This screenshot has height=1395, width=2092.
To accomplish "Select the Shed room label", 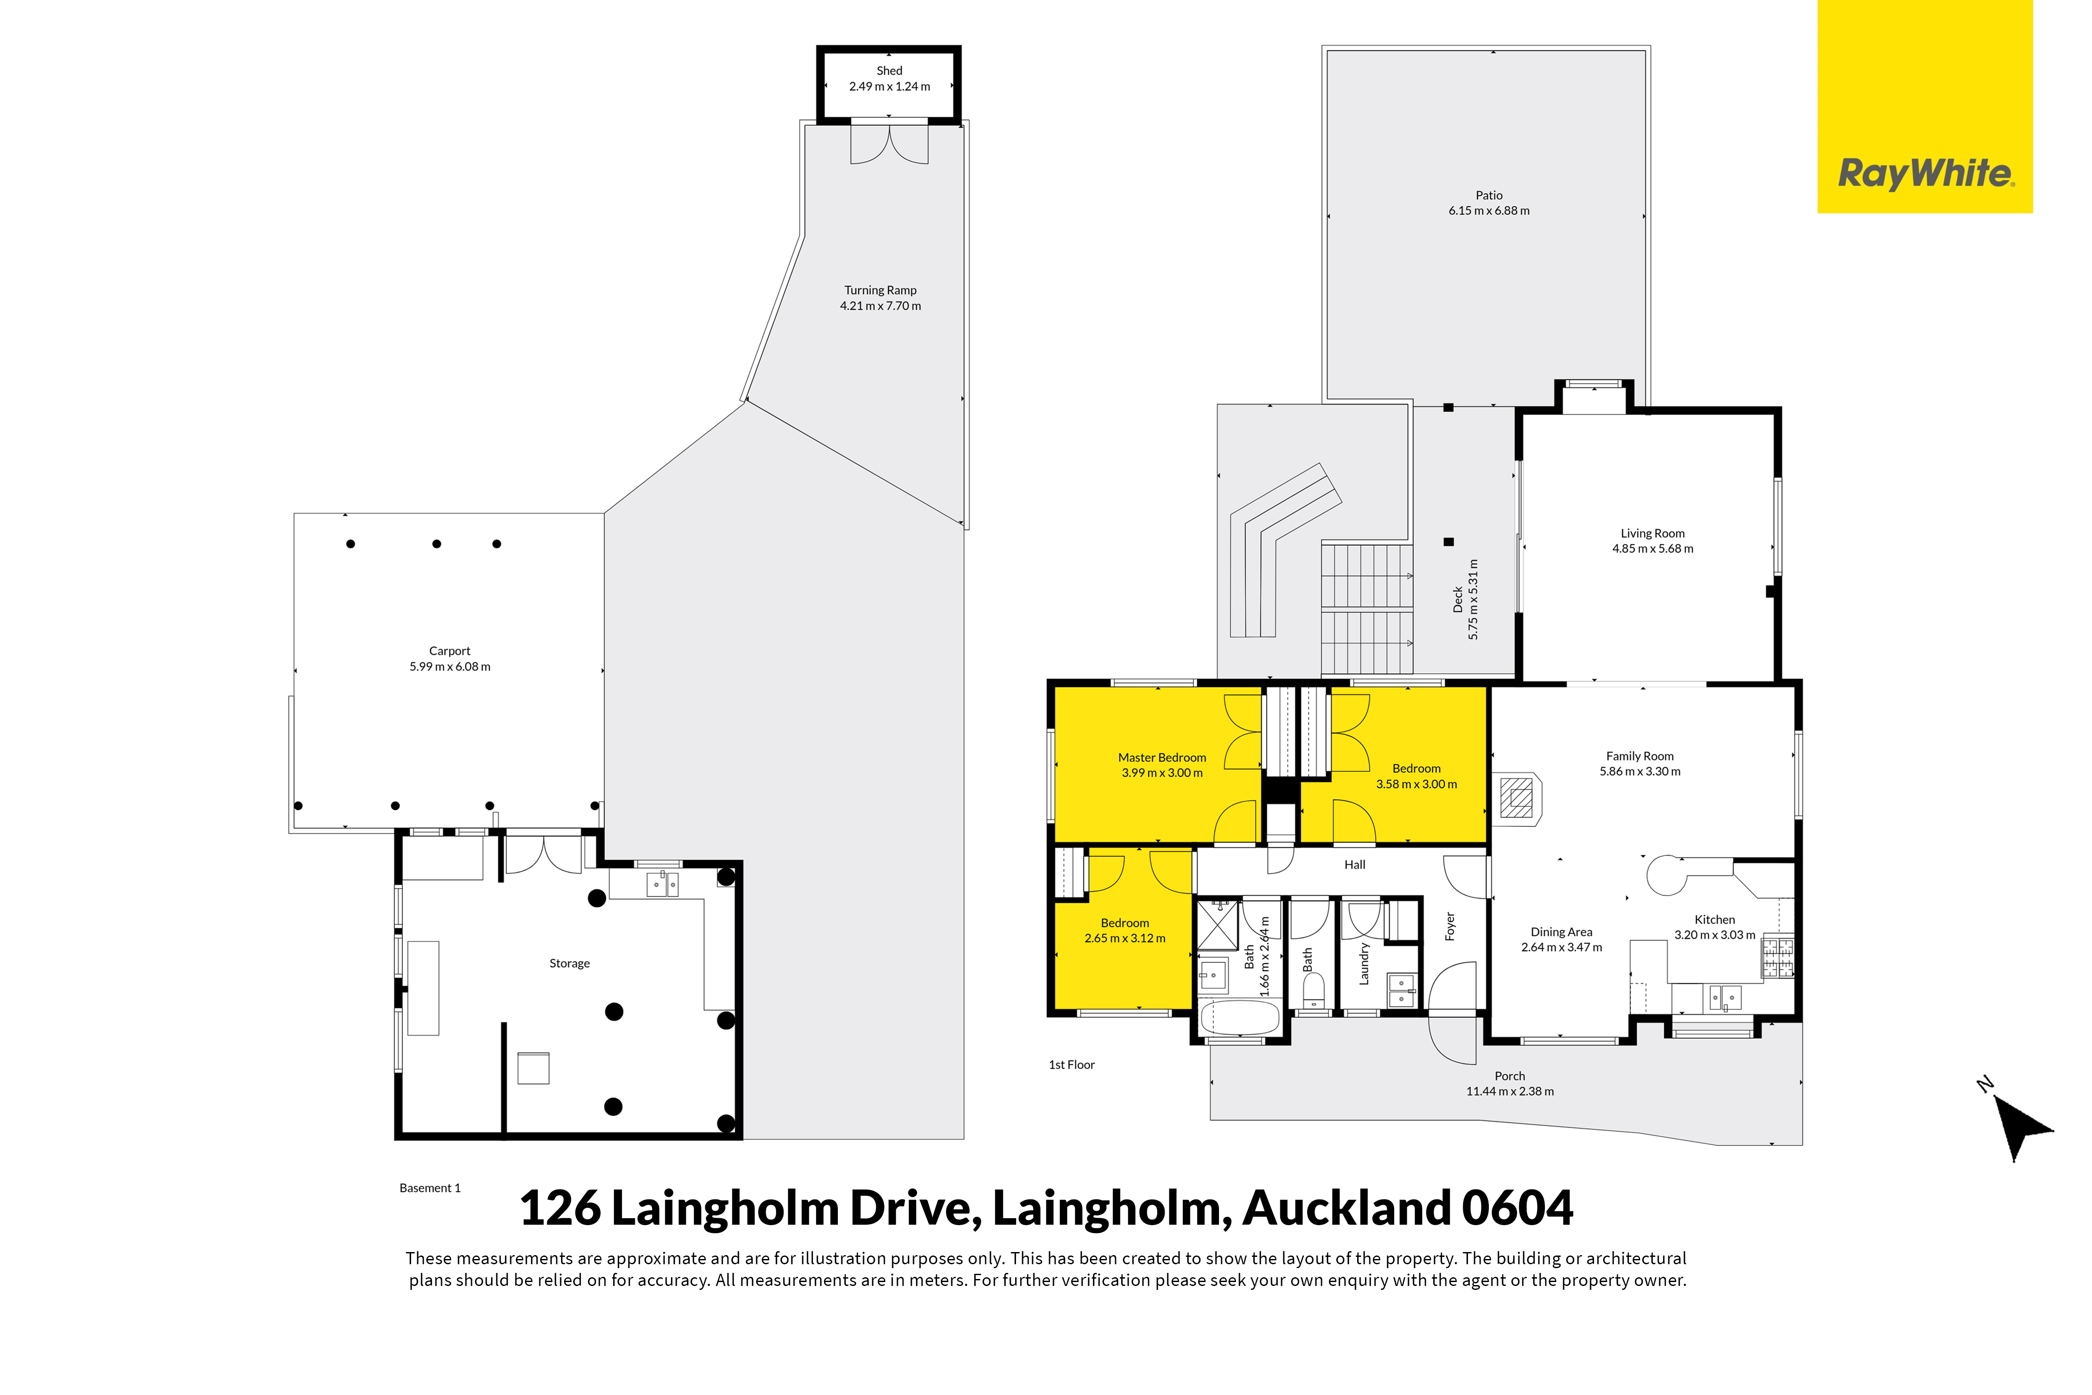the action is [889, 70].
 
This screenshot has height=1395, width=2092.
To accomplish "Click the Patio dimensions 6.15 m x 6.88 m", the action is [1489, 211].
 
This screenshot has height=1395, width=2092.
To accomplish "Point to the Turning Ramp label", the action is [880, 290].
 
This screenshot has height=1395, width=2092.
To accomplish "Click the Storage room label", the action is [569, 964].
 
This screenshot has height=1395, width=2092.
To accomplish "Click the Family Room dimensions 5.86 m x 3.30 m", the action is [1640, 771].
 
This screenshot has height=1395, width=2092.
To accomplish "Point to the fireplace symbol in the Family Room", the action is [1517, 797].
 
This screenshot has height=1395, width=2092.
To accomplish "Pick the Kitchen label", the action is [1715, 920].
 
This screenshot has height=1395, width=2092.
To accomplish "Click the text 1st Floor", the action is [1071, 1065].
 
